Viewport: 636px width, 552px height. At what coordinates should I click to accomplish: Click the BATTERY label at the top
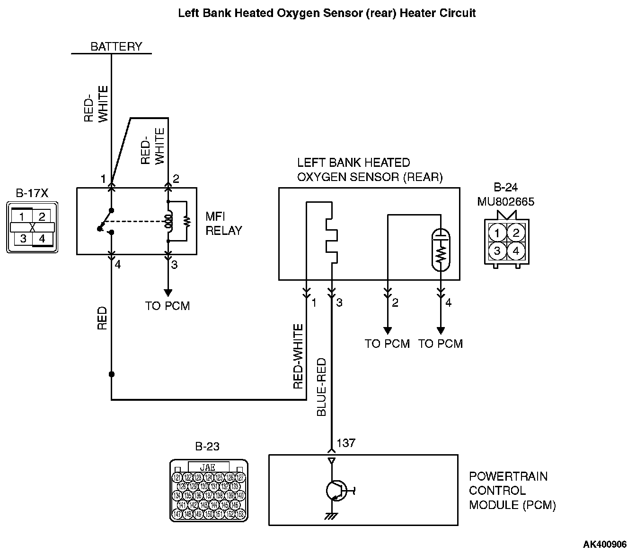click(x=116, y=46)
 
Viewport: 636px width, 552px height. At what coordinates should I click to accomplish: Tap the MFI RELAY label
click(x=223, y=224)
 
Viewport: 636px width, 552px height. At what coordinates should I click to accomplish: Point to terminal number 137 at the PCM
click(x=346, y=443)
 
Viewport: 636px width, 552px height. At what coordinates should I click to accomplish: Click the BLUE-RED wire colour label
click(x=322, y=387)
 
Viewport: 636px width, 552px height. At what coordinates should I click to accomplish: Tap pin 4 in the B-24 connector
click(x=516, y=250)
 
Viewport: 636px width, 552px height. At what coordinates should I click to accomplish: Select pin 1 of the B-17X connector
click(x=22, y=216)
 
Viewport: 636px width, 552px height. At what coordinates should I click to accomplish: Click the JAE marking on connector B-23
click(x=208, y=467)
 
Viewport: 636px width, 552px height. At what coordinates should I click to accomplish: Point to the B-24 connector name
click(x=505, y=187)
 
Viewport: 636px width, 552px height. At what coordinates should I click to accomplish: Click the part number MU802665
click(x=505, y=202)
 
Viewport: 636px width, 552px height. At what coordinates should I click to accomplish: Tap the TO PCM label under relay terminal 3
click(x=168, y=306)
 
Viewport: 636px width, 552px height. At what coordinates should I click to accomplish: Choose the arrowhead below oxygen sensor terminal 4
click(x=441, y=330)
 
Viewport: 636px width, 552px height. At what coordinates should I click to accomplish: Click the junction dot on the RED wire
click(x=112, y=374)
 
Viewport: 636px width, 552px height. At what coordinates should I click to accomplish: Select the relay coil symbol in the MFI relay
click(x=168, y=221)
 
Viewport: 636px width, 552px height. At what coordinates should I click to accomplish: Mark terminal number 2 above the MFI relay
click(x=176, y=179)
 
